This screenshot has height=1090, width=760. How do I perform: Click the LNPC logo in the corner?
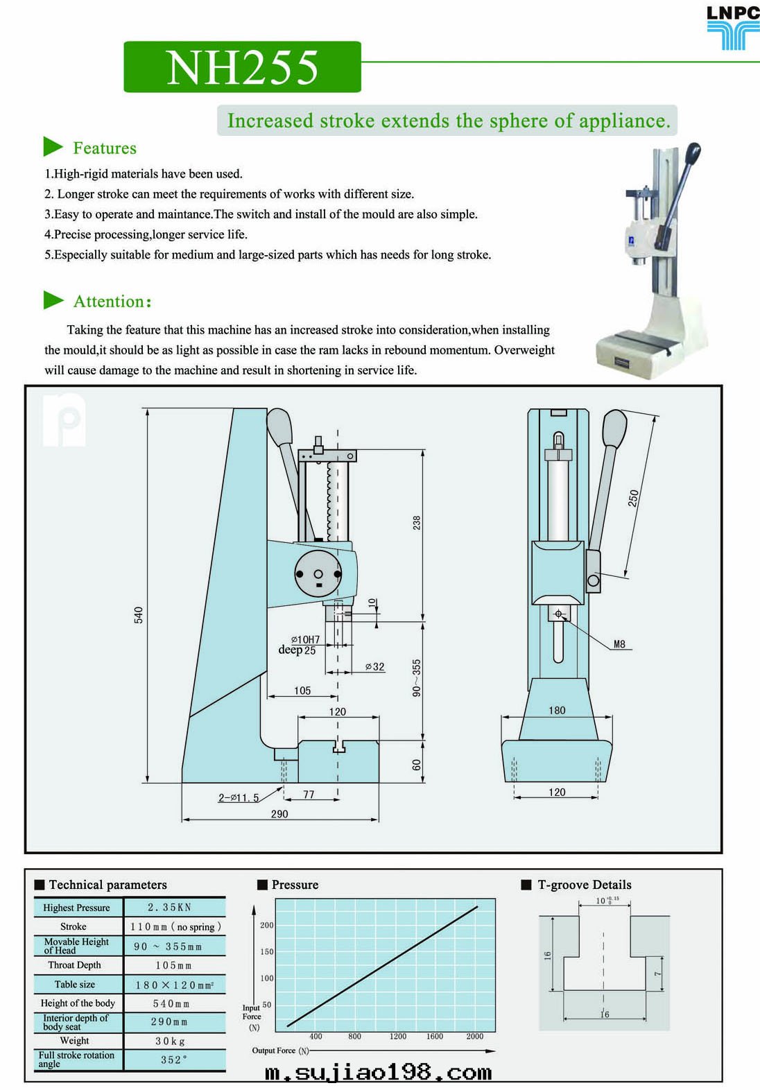(732, 28)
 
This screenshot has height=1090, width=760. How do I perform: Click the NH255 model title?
(242, 67)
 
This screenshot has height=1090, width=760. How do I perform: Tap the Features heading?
(104, 148)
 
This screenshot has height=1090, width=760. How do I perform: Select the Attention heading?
(112, 302)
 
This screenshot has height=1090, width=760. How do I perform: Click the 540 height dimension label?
(139, 614)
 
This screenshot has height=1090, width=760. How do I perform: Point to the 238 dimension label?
(417, 523)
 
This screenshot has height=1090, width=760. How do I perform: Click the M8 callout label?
(619, 644)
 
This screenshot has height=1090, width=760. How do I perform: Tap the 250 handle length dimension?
(633, 498)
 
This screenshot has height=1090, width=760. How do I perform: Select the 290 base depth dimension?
(279, 814)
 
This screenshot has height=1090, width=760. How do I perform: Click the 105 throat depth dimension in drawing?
(302, 691)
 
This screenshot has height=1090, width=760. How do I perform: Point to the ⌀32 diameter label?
(374, 667)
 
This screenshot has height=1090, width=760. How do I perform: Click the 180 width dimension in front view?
(557, 710)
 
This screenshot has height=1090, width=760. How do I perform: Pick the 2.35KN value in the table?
(170, 907)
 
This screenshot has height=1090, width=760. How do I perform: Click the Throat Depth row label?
(75, 965)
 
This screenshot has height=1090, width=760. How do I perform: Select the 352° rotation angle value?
(173, 1059)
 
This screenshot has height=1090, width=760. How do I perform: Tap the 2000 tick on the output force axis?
(475, 1037)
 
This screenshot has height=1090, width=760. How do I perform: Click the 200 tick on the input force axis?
(267, 925)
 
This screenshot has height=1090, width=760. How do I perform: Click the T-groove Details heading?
(584, 885)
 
